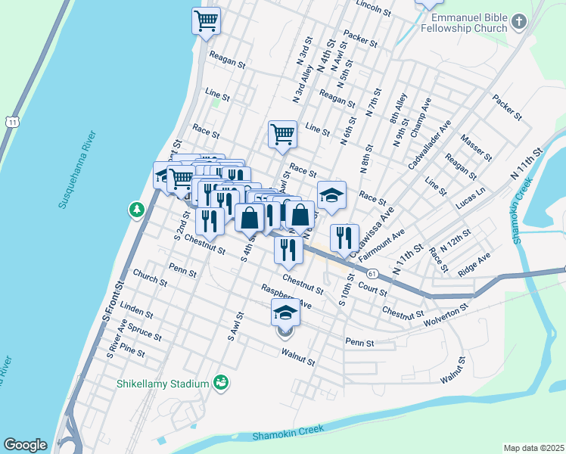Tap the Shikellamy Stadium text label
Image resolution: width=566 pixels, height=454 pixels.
162,384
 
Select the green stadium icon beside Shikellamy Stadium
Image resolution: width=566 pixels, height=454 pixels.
221,383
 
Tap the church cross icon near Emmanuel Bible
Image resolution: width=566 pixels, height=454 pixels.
518,22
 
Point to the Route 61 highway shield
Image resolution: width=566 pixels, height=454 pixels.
372,272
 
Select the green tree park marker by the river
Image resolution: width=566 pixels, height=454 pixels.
137,209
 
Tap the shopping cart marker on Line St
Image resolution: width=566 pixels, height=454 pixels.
282,135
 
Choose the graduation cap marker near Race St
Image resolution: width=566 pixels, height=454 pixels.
331,194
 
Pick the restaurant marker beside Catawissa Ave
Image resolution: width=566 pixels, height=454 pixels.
344,237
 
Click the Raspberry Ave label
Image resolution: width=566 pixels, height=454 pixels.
286,296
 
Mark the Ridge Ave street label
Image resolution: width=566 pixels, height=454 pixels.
474,263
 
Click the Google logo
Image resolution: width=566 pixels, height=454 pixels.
25,445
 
